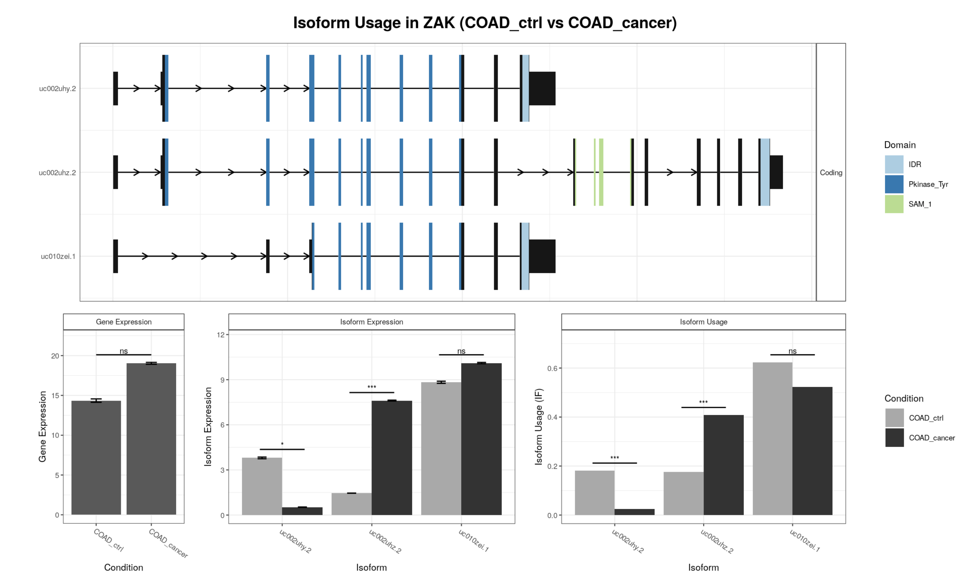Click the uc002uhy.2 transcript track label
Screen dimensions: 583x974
coord(57,89)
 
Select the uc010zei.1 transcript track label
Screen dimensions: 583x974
coord(58,257)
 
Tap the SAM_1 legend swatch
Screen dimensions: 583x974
coord(894,204)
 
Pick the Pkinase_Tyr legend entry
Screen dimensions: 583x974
coord(928,184)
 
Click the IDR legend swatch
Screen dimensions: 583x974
coord(894,164)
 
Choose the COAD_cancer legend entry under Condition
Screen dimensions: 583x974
coord(931,438)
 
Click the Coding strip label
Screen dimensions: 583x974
coord(831,172)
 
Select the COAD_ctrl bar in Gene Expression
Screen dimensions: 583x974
coord(96,458)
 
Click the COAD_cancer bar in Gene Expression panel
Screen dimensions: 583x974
coord(151,439)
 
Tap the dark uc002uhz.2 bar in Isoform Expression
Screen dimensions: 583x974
coord(392,458)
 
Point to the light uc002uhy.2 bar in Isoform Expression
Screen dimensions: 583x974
coord(262,486)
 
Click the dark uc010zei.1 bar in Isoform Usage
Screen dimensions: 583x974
coord(812,451)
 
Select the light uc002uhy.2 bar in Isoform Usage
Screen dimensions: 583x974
coord(595,493)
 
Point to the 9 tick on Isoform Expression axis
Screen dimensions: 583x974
coord(222,380)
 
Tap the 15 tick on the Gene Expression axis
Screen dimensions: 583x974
coord(55,396)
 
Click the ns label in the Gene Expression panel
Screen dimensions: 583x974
coord(124,351)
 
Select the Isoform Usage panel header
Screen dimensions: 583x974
coord(703,322)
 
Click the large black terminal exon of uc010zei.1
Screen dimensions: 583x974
coord(542,256)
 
